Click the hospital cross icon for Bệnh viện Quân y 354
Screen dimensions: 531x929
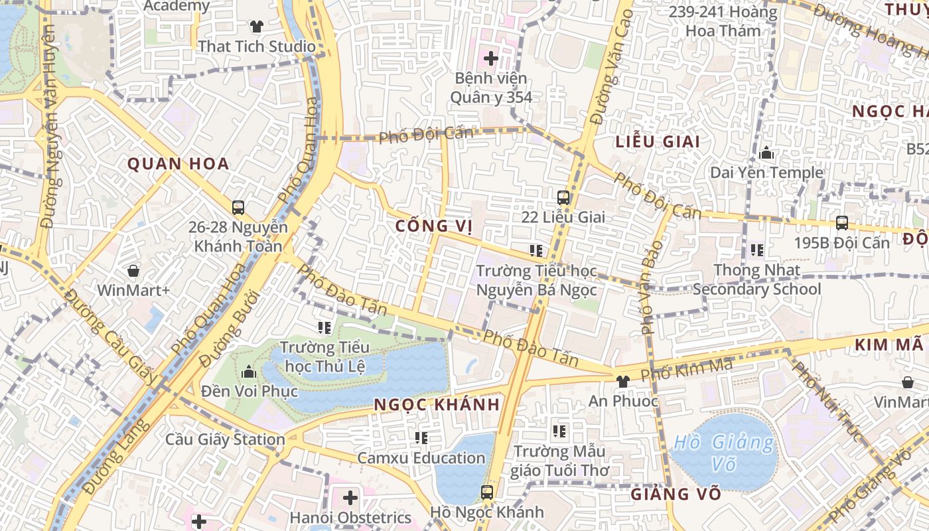pyautogui.click(x=491, y=58)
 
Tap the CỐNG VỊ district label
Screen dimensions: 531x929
pyautogui.click(x=434, y=226)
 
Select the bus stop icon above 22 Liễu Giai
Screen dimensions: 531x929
pyautogui.click(x=563, y=197)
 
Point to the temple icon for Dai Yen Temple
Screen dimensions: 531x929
pyautogui.click(x=766, y=153)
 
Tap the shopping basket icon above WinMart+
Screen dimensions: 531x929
pyautogui.click(x=133, y=271)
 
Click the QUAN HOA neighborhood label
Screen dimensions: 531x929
pyautogui.click(x=178, y=164)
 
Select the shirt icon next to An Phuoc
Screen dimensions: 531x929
pyautogui.click(x=622, y=381)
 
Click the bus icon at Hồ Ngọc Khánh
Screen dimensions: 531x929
pyautogui.click(x=487, y=493)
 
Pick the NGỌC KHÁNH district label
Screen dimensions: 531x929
pyautogui.click(x=436, y=405)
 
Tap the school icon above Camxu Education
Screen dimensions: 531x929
pyautogui.click(x=421, y=438)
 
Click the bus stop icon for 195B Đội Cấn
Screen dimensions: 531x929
pyautogui.click(x=842, y=223)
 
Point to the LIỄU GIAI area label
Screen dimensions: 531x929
pyautogui.click(x=658, y=141)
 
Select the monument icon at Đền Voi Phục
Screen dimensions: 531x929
pyautogui.click(x=250, y=372)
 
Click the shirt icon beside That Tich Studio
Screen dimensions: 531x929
pyautogui.click(x=257, y=27)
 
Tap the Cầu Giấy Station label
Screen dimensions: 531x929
pyautogui.click(x=225, y=439)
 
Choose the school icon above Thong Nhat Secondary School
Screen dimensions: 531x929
pyautogui.click(x=756, y=250)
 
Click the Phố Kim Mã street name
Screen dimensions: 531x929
pyautogui.click(x=686, y=369)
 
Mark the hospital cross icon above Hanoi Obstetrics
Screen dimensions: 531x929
pyautogui.click(x=350, y=498)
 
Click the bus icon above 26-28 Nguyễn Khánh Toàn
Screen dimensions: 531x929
pyautogui.click(x=238, y=208)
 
